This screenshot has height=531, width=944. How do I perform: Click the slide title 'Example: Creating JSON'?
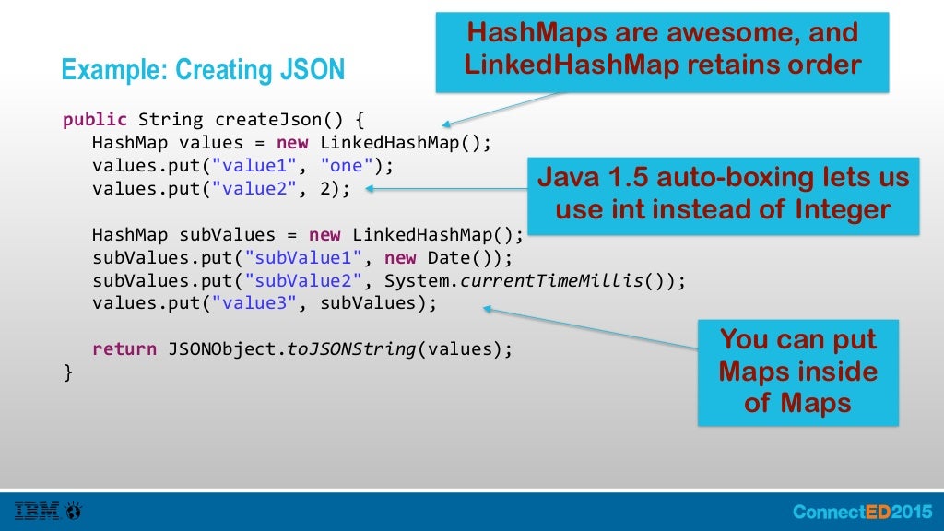point(202,70)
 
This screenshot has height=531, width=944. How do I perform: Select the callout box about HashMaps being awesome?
point(662,51)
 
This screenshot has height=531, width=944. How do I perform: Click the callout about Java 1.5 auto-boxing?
point(723,193)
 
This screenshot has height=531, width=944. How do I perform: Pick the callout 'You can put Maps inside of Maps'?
point(797,372)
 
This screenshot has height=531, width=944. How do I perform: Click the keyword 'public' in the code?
point(95,120)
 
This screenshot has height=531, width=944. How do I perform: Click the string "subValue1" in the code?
point(298,257)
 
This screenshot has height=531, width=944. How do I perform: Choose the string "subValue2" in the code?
point(298,280)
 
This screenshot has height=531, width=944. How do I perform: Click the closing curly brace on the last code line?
point(67,372)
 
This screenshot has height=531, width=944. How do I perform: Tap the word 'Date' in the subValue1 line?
point(448,257)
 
